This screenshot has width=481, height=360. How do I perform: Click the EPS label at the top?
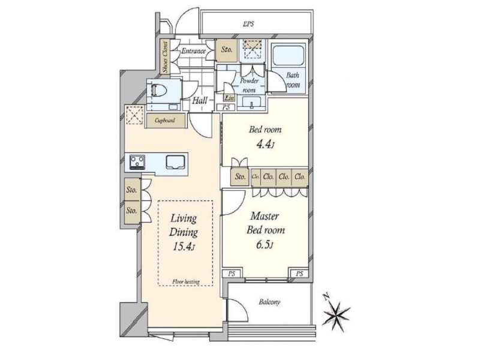coord(248,24)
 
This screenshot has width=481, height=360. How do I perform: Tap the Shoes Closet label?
coord(166,57)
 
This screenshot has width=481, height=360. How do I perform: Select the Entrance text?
coord(193,51)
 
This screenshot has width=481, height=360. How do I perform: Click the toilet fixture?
coord(160,91)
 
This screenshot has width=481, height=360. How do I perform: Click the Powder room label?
coord(249,86)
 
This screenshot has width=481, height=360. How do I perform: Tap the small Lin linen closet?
coord(229,98)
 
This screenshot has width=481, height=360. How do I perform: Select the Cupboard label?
coord(165,121)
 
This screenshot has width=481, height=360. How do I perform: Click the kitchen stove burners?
coord(137,163)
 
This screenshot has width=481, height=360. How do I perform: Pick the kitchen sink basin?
coord(176,162)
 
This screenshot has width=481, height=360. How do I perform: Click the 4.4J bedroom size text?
coord(264,144)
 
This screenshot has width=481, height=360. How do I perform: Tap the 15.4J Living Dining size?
coord(184,247)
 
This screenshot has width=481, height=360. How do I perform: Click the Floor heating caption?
coord(186,281)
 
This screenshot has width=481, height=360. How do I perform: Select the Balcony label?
coord(270,302)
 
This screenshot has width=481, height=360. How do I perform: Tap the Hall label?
coord(200,100)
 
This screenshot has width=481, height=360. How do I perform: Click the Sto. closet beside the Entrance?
coord(226,50)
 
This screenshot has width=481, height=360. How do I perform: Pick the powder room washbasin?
coord(251,103)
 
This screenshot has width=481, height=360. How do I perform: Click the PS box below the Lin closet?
coord(226,107)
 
